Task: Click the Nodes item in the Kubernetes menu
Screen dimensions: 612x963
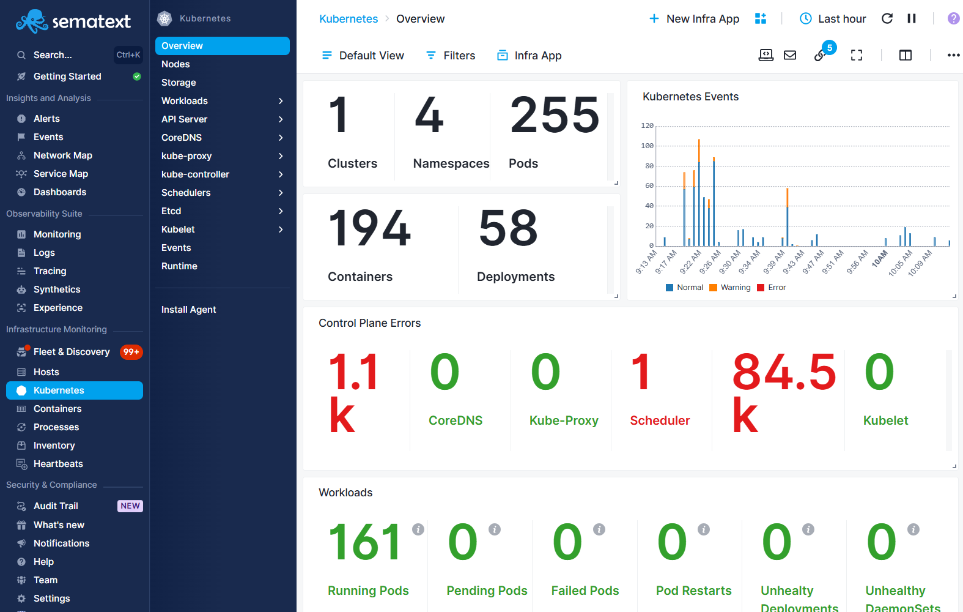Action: (x=175, y=64)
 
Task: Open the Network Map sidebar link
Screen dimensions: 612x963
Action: (x=62, y=155)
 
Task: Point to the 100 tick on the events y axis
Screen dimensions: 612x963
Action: (x=647, y=146)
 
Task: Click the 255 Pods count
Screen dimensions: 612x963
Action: (x=555, y=115)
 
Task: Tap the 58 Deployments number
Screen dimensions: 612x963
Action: (x=508, y=228)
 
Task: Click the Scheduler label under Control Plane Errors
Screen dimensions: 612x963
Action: (x=660, y=420)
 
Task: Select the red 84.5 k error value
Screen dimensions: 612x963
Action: (x=783, y=392)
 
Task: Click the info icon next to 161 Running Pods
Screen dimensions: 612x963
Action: (x=418, y=529)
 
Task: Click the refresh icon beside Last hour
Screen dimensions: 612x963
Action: (x=887, y=19)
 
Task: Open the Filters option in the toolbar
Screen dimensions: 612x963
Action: (x=451, y=56)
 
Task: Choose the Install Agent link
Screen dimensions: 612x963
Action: (x=188, y=310)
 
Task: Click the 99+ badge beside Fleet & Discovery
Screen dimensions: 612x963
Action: (x=131, y=352)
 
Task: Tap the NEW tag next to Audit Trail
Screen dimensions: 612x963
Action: (x=130, y=506)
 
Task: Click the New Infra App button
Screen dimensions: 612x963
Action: (x=694, y=19)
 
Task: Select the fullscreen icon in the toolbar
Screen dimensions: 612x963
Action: (x=857, y=56)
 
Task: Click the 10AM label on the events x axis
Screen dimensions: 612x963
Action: (x=879, y=259)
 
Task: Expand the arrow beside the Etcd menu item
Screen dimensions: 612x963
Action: (x=281, y=211)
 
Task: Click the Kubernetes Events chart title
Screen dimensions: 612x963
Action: (x=690, y=97)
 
